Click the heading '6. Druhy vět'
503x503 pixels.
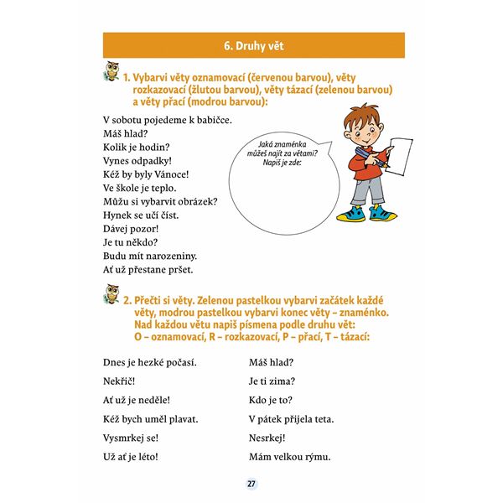pos(252,45)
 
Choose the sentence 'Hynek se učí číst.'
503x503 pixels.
pos(140,215)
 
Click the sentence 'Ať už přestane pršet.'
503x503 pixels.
pos(148,270)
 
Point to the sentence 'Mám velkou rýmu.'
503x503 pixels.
pos(289,457)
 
